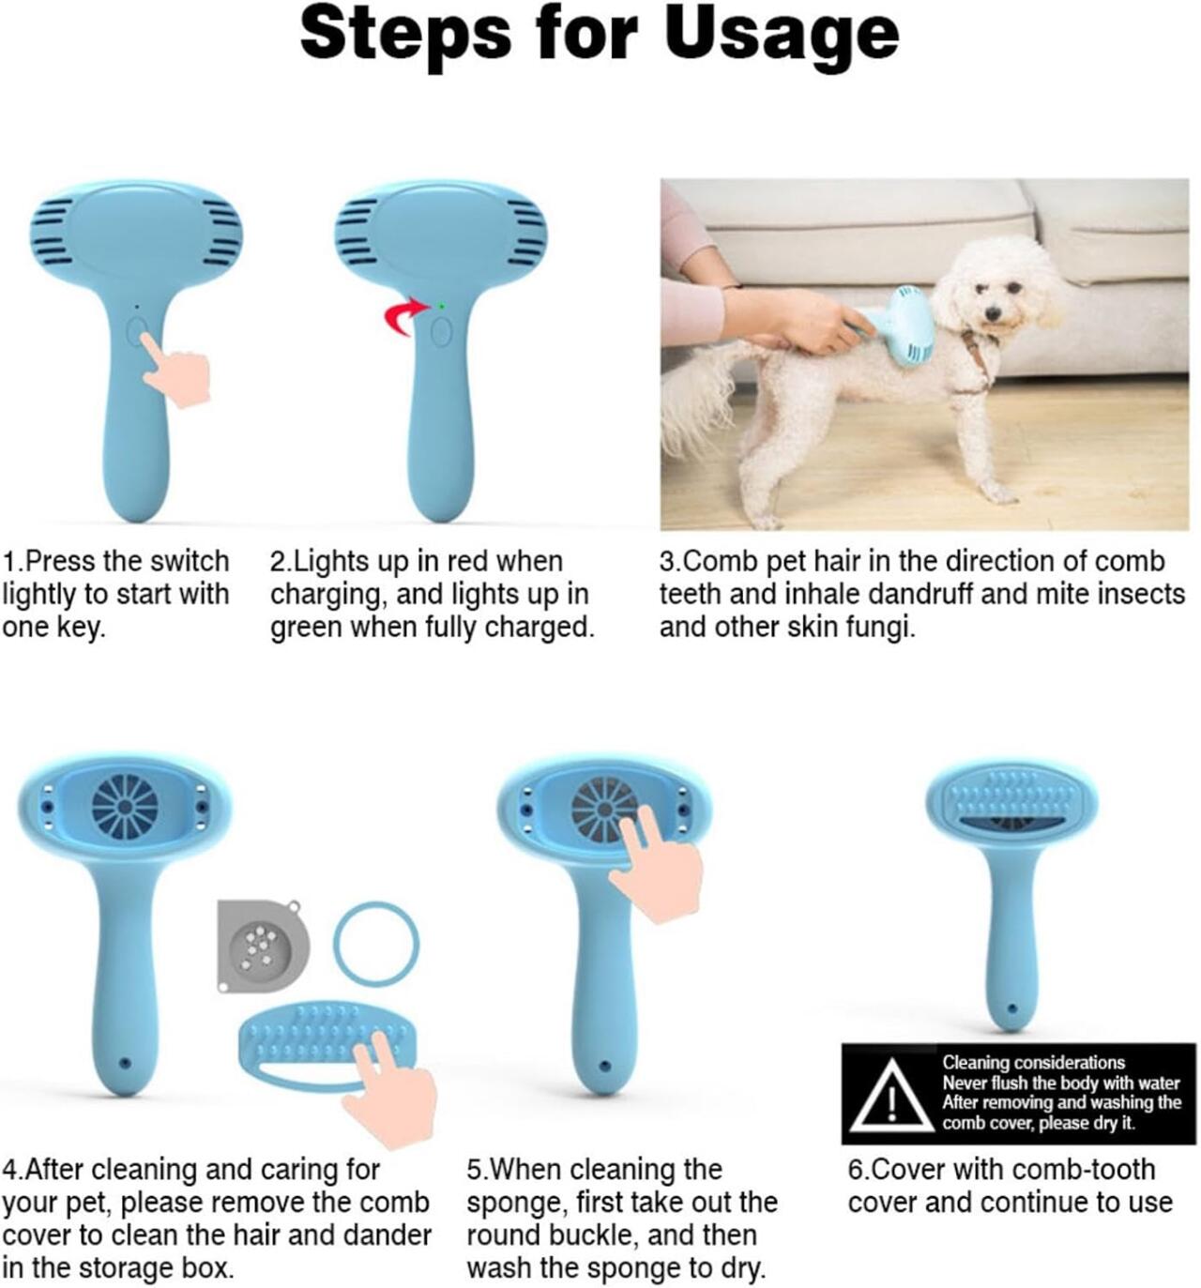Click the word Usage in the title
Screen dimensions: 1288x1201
(x=781, y=36)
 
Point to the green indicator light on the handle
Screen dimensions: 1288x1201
(x=441, y=306)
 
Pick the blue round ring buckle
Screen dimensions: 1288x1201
(x=376, y=943)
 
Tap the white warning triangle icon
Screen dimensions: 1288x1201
(x=891, y=1098)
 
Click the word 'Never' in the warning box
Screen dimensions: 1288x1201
(x=965, y=1083)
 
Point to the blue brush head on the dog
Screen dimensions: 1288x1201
(x=903, y=325)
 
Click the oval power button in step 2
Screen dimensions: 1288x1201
(x=441, y=332)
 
